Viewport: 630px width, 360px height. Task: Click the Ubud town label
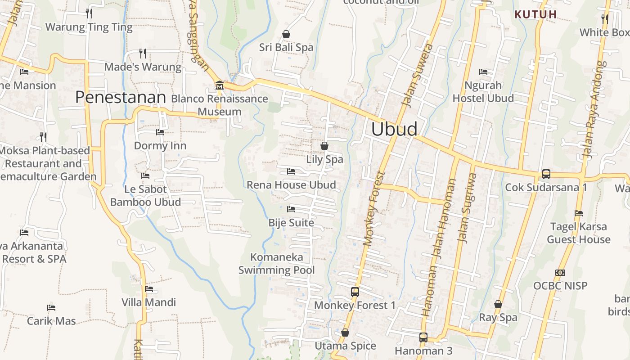[394, 129]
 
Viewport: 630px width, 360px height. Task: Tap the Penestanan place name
[121, 97]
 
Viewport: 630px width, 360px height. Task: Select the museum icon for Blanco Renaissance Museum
[219, 85]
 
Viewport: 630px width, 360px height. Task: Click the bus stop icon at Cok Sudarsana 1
[546, 174]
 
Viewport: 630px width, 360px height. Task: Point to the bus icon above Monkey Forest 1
[355, 292]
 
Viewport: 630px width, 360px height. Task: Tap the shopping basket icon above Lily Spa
[324, 146]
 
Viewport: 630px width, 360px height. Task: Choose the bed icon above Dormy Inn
[160, 132]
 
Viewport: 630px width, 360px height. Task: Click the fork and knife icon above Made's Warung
[143, 54]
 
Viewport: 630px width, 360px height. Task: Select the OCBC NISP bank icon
[560, 273]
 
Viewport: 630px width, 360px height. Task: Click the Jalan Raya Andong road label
[594, 110]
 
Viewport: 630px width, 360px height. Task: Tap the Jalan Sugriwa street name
[467, 208]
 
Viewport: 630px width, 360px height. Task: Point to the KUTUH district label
[535, 14]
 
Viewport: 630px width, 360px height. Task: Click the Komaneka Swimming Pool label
[276, 264]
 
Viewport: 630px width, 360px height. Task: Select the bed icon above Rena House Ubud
[291, 171]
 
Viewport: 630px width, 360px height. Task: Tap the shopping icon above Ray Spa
[498, 305]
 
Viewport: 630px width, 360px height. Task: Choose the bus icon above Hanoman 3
[423, 337]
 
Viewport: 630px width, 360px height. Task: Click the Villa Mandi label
[148, 302]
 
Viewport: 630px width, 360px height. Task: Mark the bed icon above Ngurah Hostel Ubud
[483, 72]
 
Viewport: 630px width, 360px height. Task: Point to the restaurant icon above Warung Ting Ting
[89, 13]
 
